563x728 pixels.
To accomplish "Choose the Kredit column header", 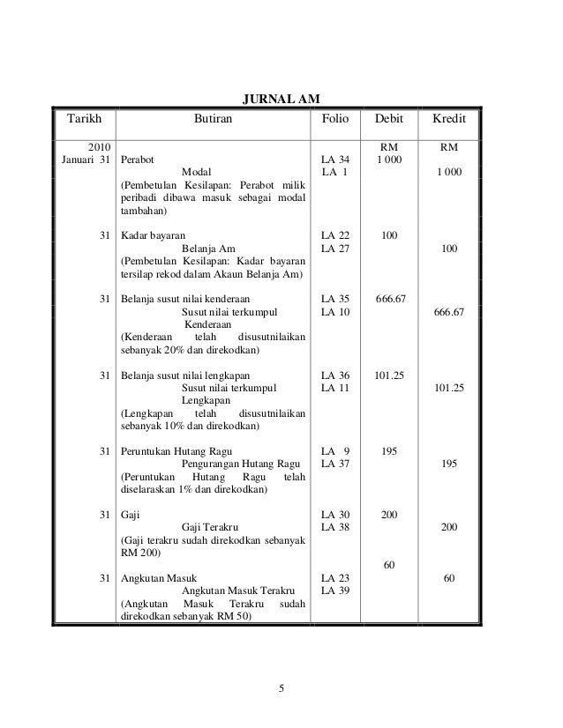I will coord(449,118).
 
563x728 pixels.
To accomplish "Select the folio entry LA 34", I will coord(335,161).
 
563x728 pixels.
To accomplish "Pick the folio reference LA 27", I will coord(335,250).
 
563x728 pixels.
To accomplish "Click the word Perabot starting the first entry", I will coord(137,161).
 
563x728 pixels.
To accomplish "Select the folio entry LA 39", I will coord(335,590).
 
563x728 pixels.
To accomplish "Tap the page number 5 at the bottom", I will coord(281,689).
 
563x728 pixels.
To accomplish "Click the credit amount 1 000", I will coord(449,174).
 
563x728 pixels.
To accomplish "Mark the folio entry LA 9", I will coord(335,450).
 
